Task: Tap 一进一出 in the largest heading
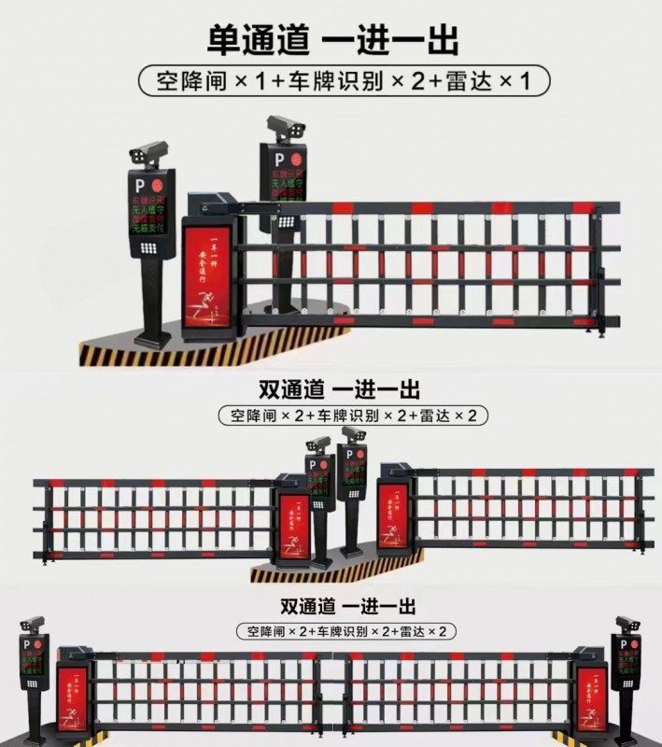(x=389, y=41)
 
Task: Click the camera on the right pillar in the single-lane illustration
(x=283, y=126)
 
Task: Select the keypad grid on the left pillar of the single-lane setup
(x=148, y=249)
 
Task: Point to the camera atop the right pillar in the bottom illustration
(x=627, y=624)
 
